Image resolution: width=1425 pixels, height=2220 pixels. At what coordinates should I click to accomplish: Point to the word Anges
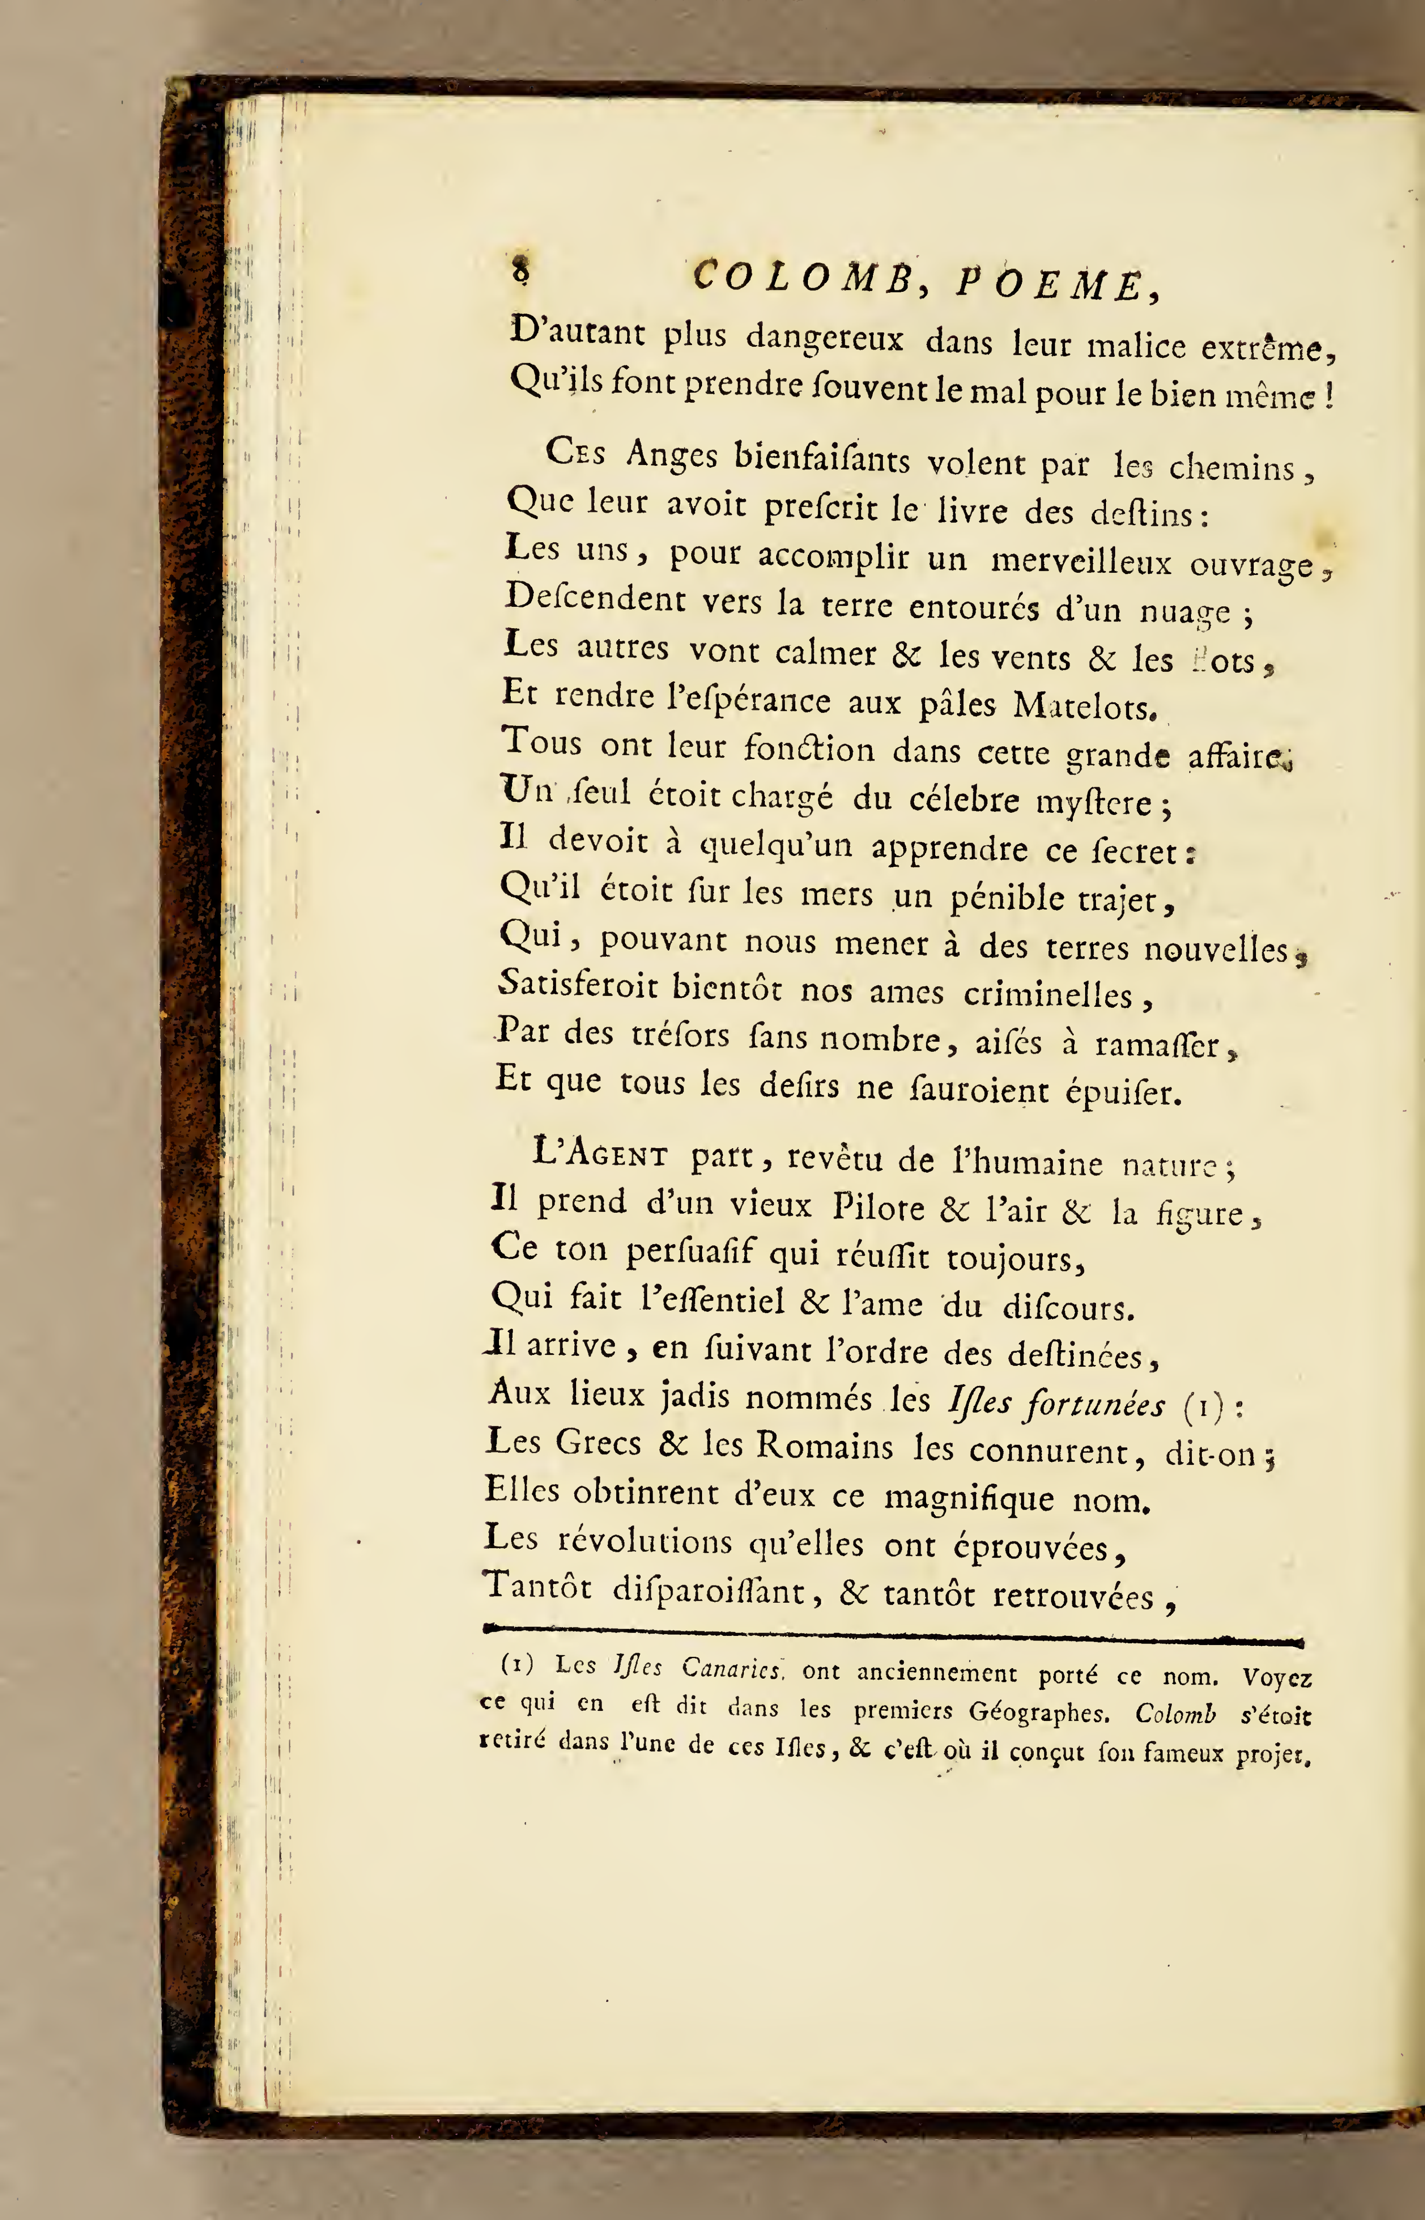(x=672, y=455)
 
